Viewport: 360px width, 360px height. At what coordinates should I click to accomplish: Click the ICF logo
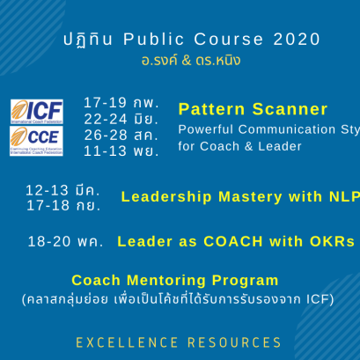pos(36,112)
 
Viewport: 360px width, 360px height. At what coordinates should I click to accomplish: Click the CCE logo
pos(36,140)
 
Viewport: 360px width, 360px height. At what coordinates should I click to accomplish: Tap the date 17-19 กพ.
pos(121,103)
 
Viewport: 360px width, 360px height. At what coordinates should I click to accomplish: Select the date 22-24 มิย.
pos(121,119)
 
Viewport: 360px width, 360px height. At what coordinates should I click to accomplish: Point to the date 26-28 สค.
pos(121,135)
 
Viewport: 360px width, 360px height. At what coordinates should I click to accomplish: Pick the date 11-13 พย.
pos(121,151)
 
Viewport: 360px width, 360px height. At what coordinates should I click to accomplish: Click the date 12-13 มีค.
pos(62,190)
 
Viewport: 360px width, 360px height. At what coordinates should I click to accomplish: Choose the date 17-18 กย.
pos(62,205)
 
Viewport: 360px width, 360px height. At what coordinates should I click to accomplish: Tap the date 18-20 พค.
pos(65,241)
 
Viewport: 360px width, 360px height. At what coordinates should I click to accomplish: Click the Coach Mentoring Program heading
pos(175,281)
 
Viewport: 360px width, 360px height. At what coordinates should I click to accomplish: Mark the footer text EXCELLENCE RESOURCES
pos(179,342)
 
